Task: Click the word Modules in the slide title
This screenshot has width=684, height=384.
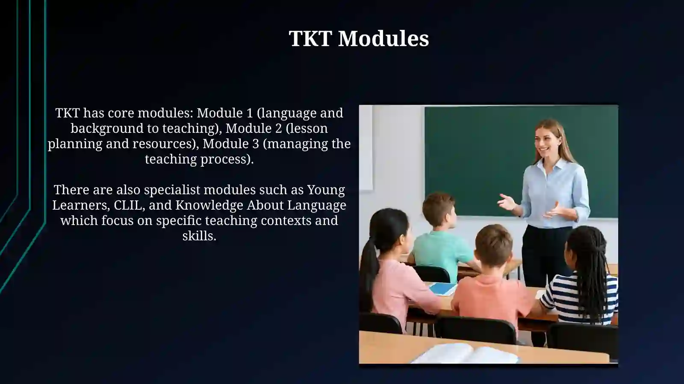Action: tap(383, 38)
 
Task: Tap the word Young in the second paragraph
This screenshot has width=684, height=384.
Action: tap(326, 190)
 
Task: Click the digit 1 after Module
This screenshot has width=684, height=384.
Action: tap(250, 113)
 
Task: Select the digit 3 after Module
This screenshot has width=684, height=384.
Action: tap(256, 144)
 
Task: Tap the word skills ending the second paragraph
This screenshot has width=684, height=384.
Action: tap(199, 236)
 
